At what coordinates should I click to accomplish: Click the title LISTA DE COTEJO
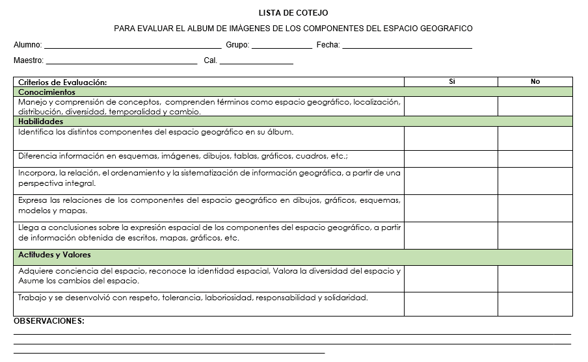pyautogui.click(x=293, y=12)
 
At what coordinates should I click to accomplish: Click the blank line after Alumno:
pyautogui.click(x=133, y=46)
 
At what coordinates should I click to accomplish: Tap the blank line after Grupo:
pyautogui.click(x=281, y=46)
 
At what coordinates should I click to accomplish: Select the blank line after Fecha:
pyautogui.click(x=407, y=46)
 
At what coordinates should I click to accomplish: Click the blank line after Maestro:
pyautogui.click(x=122, y=62)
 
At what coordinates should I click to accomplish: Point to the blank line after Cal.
pyautogui.click(x=256, y=62)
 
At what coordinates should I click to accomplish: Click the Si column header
pyautogui.click(x=451, y=82)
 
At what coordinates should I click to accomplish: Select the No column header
pyautogui.click(x=535, y=82)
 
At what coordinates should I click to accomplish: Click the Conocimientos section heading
pyautogui.click(x=47, y=92)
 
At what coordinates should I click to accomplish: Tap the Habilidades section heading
pyautogui.click(x=40, y=122)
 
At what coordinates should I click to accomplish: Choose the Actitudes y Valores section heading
pyautogui.click(x=55, y=255)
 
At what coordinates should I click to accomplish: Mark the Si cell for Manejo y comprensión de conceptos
pyautogui.click(x=451, y=107)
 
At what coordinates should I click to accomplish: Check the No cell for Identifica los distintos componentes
pyautogui.click(x=535, y=138)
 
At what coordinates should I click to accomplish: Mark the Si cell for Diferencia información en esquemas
pyautogui.click(x=451, y=158)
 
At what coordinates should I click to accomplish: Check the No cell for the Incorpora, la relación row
pyautogui.click(x=535, y=180)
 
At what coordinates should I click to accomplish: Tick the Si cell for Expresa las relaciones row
pyautogui.click(x=451, y=207)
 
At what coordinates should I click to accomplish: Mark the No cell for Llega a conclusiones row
pyautogui.click(x=535, y=235)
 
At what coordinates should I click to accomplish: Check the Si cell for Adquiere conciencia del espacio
pyautogui.click(x=451, y=278)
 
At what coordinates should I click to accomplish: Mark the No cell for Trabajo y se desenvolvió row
pyautogui.click(x=535, y=304)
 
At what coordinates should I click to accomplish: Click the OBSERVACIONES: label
pyautogui.click(x=49, y=321)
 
